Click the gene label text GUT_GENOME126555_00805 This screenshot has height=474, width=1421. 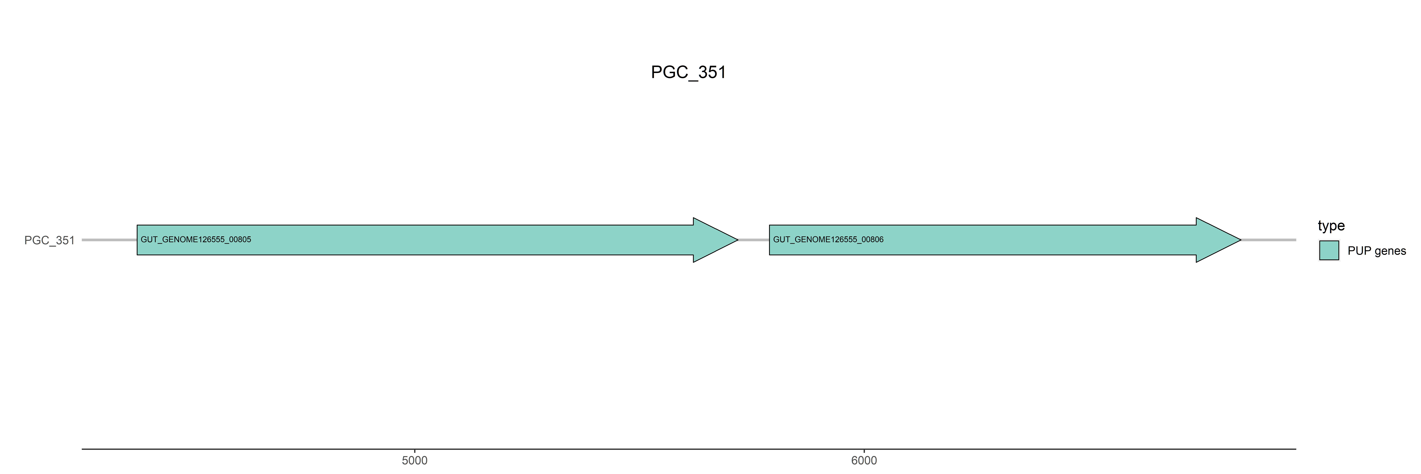click(196, 240)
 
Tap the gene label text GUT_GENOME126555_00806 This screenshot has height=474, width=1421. click(828, 240)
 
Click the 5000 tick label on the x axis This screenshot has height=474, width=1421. click(414, 460)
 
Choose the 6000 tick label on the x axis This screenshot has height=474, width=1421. click(864, 460)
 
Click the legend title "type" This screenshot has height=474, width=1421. click(1331, 226)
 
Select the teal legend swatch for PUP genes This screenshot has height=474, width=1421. click(1329, 251)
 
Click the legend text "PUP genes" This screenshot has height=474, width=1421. click(1376, 251)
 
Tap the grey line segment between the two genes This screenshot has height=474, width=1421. click(754, 240)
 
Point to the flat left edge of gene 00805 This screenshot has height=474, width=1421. click(137, 240)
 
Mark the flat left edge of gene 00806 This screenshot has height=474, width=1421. click(770, 240)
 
